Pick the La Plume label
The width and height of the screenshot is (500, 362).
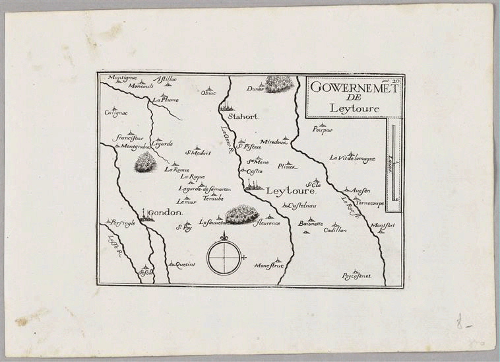(x=166, y=100)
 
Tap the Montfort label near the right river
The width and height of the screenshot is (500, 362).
(x=383, y=227)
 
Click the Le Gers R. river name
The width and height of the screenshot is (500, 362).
(x=229, y=140)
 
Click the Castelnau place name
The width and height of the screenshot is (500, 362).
(x=300, y=207)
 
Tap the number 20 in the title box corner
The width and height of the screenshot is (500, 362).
(x=396, y=81)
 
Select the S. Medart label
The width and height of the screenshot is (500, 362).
(x=197, y=153)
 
